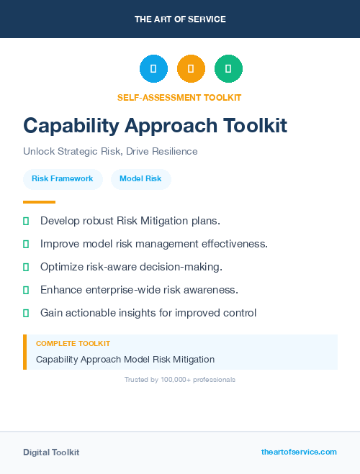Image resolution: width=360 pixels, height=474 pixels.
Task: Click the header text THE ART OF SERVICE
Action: click(x=180, y=19)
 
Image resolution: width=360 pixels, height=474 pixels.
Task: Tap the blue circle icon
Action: click(x=153, y=68)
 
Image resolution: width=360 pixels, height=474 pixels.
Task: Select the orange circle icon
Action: click(x=191, y=68)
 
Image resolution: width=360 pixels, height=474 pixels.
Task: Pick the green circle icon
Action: click(x=228, y=68)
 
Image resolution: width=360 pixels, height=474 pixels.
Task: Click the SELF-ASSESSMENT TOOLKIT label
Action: click(x=179, y=97)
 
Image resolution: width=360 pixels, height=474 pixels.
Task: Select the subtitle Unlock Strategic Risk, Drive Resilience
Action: click(x=110, y=152)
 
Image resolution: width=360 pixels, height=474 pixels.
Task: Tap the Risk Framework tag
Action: click(x=63, y=178)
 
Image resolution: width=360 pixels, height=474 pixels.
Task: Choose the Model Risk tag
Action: click(x=140, y=178)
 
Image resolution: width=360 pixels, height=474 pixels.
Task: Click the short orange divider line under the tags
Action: click(x=39, y=202)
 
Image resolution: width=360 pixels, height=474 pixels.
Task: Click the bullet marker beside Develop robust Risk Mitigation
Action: click(x=26, y=221)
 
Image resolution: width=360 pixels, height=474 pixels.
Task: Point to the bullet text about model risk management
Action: click(x=154, y=244)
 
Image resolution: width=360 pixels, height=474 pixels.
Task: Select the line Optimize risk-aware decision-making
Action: click(x=131, y=267)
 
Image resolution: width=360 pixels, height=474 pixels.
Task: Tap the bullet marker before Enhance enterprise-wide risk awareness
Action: click(x=26, y=290)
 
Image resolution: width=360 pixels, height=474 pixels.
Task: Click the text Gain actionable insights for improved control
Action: click(x=148, y=313)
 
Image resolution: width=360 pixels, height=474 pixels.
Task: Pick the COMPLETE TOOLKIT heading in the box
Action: click(x=73, y=344)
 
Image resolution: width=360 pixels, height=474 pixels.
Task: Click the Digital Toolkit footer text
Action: click(x=51, y=452)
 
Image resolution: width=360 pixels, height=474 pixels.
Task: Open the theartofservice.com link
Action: click(x=299, y=452)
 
